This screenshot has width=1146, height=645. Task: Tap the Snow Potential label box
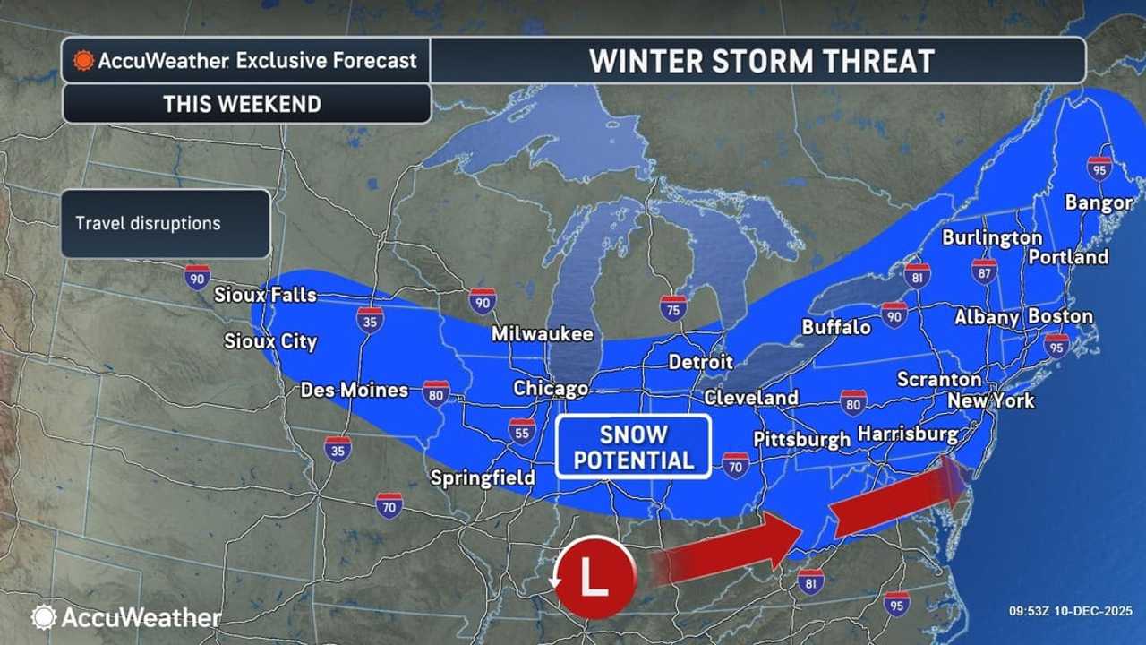pyautogui.click(x=633, y=447)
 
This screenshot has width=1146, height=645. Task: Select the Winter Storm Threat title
pyautogui.click(x=761, y=61)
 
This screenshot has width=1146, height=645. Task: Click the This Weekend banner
pyautogui.click(x=242, y=104)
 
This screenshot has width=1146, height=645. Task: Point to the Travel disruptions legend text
pyautogui.click(x=148, y=223)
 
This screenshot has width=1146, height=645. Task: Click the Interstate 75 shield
pyautogui.click(x=673, y=308)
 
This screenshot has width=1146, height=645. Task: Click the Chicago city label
pyautogui.click(x=551, y=388)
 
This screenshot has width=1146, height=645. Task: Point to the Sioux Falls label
pyautogui.click(x=265, y=295)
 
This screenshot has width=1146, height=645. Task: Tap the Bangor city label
pyautogui.click(x=1099, y=202)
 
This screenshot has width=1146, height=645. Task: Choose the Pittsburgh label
pyautogui.click(x=801, y=439)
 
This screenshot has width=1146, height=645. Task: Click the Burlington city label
pyautogui.click(x=992, y=238)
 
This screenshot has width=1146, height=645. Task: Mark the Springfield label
pyautogui.click(x=483, y=477)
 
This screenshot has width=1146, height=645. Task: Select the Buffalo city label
pyautogui.click(x=836, y=328)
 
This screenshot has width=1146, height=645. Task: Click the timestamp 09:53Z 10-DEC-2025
pyautogui.click(x=1071, y=612)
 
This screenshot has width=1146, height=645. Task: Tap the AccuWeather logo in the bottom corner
pyautogui.click(x=126, y=617)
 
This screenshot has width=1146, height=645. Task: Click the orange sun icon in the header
pyautogui.click(x=83, y=60)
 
